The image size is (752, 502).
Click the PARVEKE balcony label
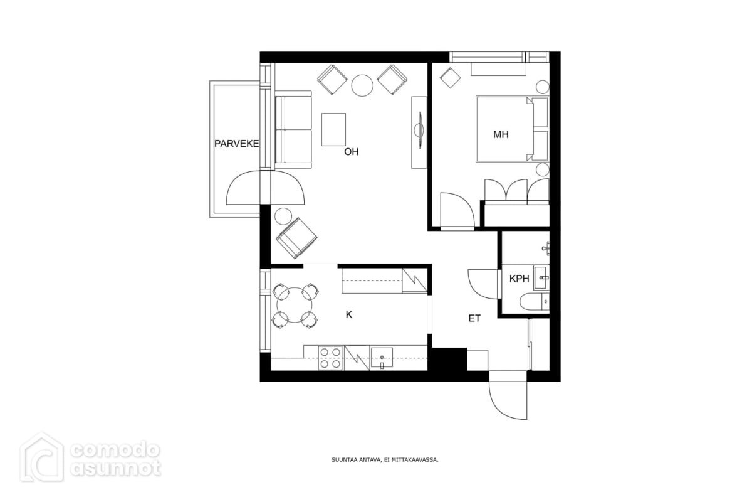[x=237, y=144]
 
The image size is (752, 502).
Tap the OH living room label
[x=351, y=152]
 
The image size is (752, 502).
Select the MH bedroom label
[x=501, y=135]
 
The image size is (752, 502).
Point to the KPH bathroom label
[x=519, y=279]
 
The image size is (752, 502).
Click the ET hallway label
[x=474, y=318]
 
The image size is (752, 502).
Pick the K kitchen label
[x=349, y=315]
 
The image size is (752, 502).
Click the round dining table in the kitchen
[x=295, y=306]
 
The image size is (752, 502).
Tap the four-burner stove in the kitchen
[x=330, y=358]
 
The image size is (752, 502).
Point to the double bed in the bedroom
[x=504, y=129]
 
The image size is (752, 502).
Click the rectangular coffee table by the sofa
[x=333, y=129]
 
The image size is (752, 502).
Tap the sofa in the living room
[x=293, y=129]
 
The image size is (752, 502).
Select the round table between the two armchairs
[x=362, y=85]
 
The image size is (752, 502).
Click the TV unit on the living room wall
[x=419, y=132]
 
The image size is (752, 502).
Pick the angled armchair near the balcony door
[x=296, y=238]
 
